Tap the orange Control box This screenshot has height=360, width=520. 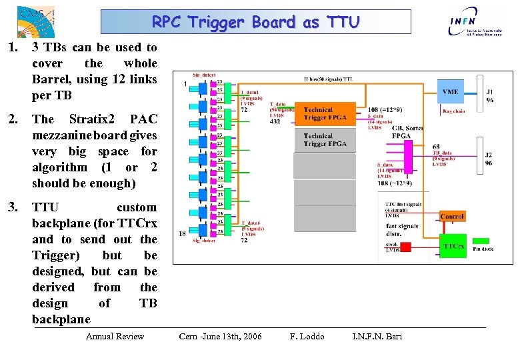tap(452, 217)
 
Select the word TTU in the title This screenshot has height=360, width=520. tap(341, 22)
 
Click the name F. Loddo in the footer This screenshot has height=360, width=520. tap(307, 336)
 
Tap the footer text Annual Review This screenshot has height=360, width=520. tap(115, 336)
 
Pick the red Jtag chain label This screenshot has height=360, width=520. tap(453, 111)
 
